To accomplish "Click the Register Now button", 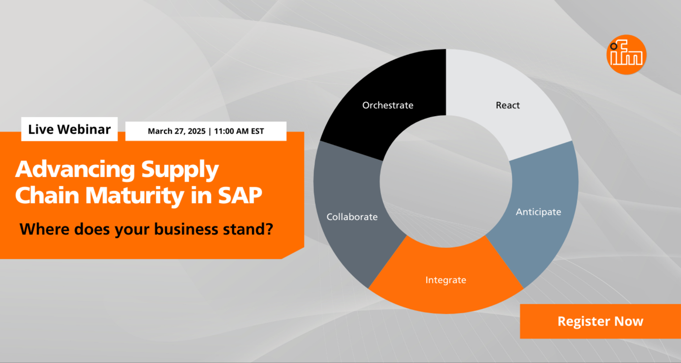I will (600, 321).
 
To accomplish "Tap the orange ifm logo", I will (627, 54).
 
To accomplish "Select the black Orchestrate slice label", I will (388, 105).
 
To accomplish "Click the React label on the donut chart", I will (508, 105).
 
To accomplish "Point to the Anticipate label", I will (538, 212).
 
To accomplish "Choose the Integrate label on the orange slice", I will (446, 280).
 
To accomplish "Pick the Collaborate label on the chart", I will (352, 217).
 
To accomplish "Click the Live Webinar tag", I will (70, 129).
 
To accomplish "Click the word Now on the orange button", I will (628, 321).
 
